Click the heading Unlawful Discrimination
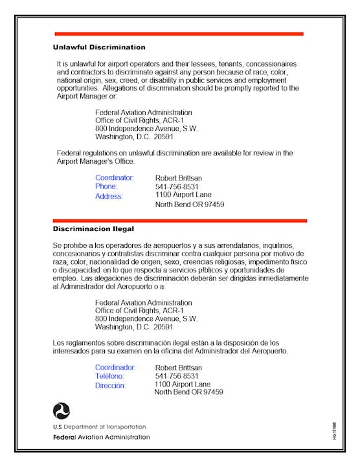[x=99, y=47]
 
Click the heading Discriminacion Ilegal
[x=93, y=229]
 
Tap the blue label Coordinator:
[x=115, y=177]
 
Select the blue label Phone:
[x=106, y=186]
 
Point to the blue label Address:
[x=109, y=196]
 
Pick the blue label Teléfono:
[x=109, y=376]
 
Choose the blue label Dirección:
[x=111, y=386]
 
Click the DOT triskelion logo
[x=62, y=410]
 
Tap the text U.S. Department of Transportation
[x=99, y=427]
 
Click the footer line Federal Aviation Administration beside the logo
[x=101, y=437]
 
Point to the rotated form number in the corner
[x=335, y=431]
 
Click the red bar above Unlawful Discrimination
[x=179, y=34]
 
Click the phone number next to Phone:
[x=177, y=186]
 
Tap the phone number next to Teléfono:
[x=177, y=376]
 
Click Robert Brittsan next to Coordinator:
[x=179, y=177]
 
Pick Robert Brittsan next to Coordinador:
[x=178, y=368]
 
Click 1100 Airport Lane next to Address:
[x=183, y=194]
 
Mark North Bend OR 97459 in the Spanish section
[x=188, y=392]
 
